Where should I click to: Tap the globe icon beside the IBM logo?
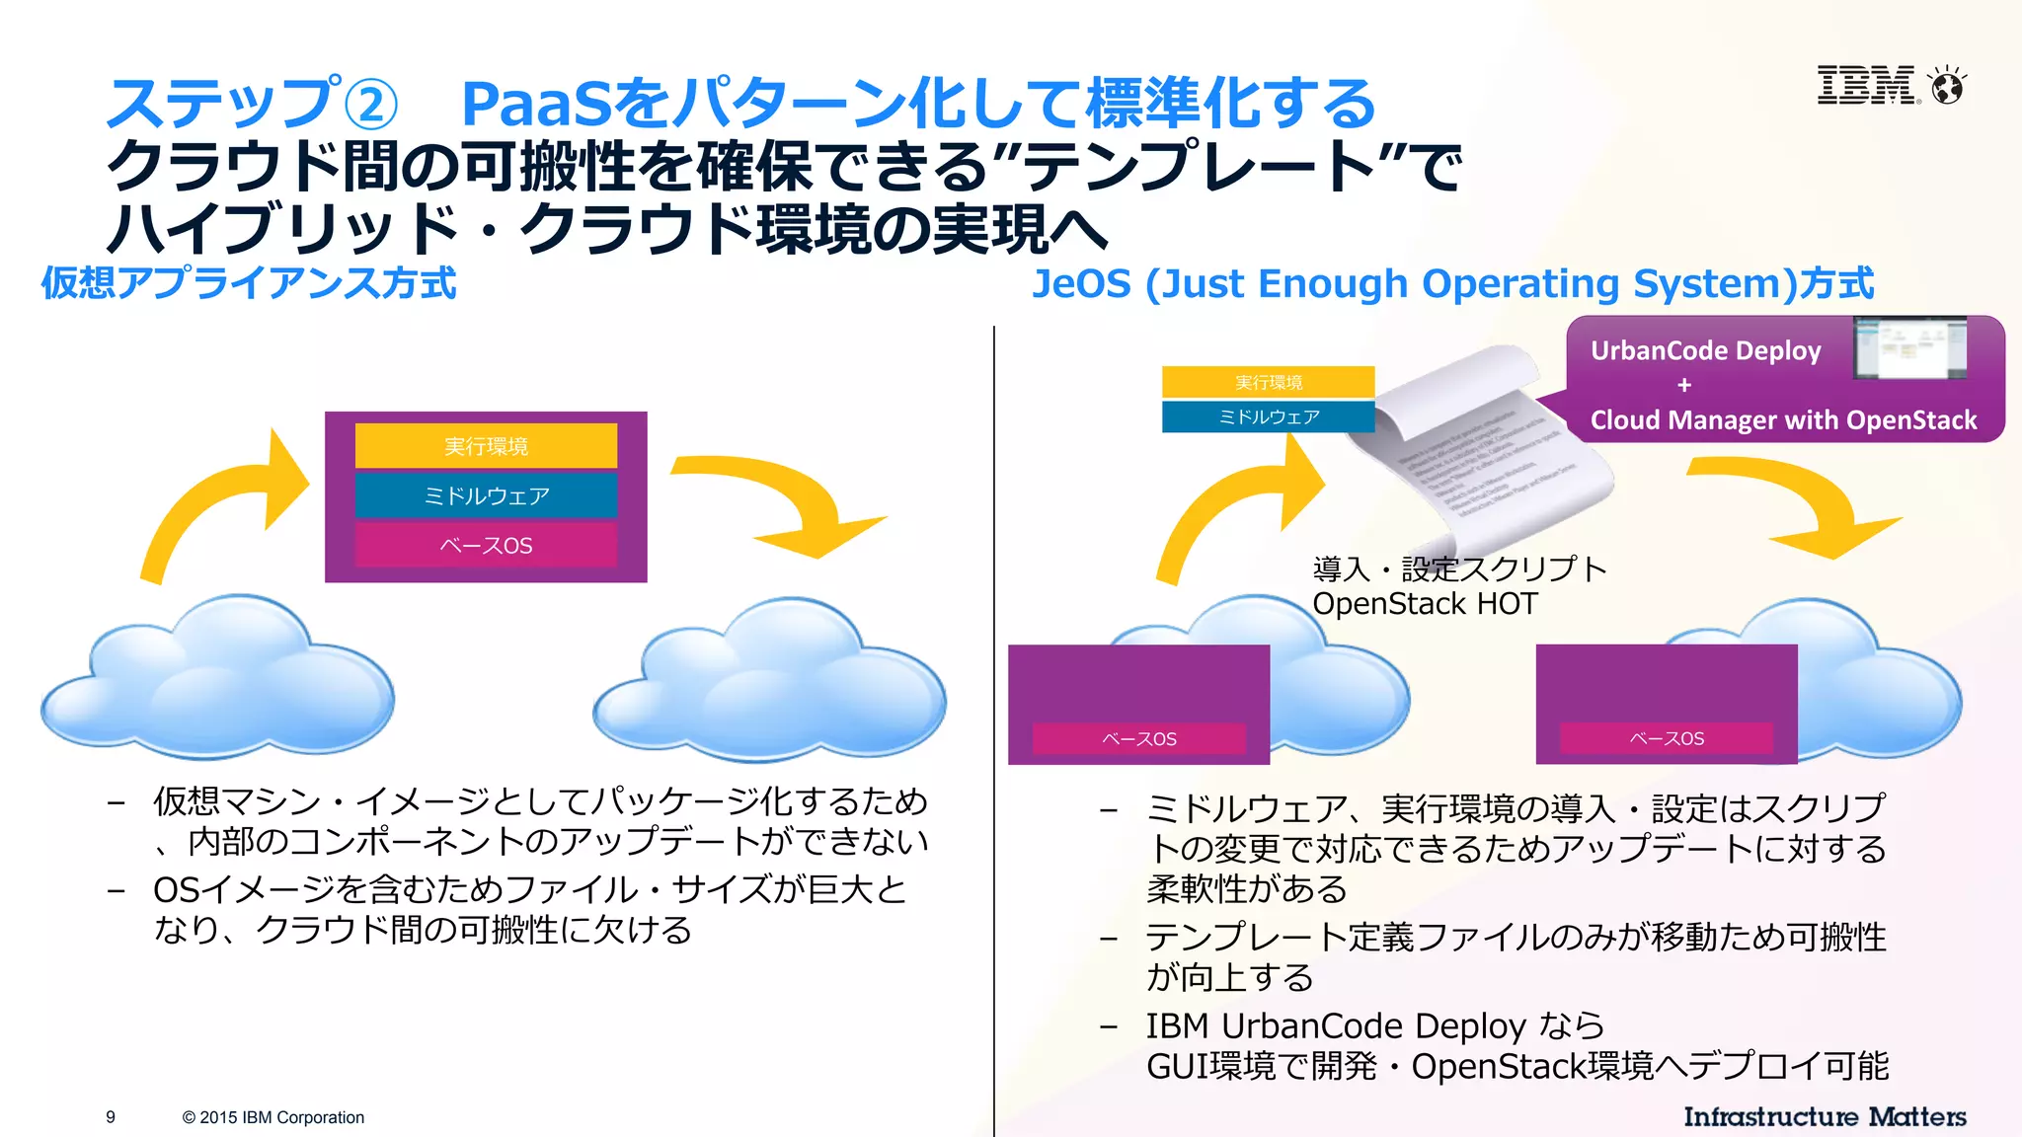click(x=1948, y=87)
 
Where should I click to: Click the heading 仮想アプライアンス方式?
click(x=248, y=283)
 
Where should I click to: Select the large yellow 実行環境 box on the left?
click(x=486, y=446)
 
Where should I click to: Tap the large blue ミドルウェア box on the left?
click(x=486, y=495)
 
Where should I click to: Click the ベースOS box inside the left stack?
click(x=486, y=546)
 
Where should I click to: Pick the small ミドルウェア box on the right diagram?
click(x=1269, y=417)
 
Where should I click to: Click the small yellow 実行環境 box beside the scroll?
click(x=1269, y=382)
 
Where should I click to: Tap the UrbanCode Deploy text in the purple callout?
click(x=1705, y=351)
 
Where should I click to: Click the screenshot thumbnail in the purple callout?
click(x=1909, y=347)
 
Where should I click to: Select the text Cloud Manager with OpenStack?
click(x=1783, y=420)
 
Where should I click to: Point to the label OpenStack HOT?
click(x=1425, y=604)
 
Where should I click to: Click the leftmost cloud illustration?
click(x=217, y=681)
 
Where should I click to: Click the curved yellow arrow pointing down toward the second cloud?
click(x=790, y=503)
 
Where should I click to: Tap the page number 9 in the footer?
click(x=111, y=1117)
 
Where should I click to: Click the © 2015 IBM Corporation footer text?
click(x=273, y=1117)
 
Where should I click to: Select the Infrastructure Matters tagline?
click(x=1825, y=1117)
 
